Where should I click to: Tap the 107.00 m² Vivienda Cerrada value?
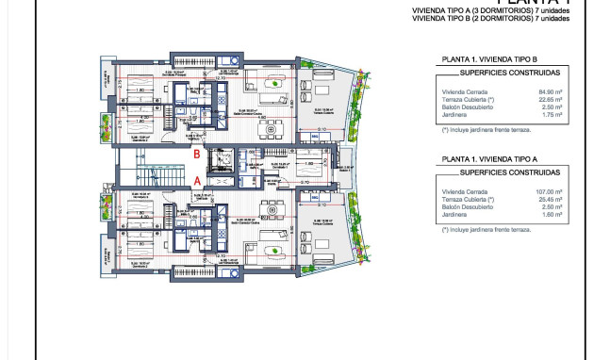[548, 192]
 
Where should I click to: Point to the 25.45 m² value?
[549, 200]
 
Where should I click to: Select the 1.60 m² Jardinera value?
[552, 215]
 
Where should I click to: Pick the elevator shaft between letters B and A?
[226, 166]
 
